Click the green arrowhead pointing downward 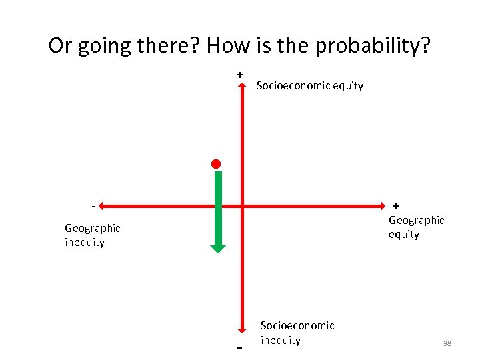(218, 247)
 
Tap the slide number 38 (447, 343)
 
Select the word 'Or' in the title (60, 46)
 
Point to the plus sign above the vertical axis (239, 75)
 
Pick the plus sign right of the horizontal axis (396, 206)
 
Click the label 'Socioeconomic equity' (310, 85)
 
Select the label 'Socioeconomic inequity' (297, 333)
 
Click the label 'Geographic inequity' (93, 235)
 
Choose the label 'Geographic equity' (416, 227)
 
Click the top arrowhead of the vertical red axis (242, 85)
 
